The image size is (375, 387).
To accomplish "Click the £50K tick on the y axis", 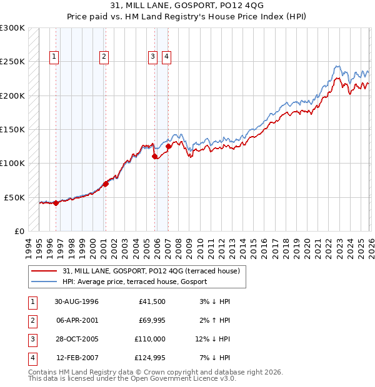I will pyautogui.click(x=15, y=197).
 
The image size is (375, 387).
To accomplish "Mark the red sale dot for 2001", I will pyautogui.click(x=106, y=184).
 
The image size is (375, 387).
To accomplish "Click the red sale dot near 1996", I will pyautogui.click(x=56, y=202).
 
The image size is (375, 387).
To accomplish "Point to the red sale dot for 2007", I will pyautogui.click(x=168, y=146).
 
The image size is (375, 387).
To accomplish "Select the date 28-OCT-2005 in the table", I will pyautogui.click(x=76, y=340).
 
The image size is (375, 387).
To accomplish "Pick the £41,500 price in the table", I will pyautogui.click(x=151, y=301).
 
